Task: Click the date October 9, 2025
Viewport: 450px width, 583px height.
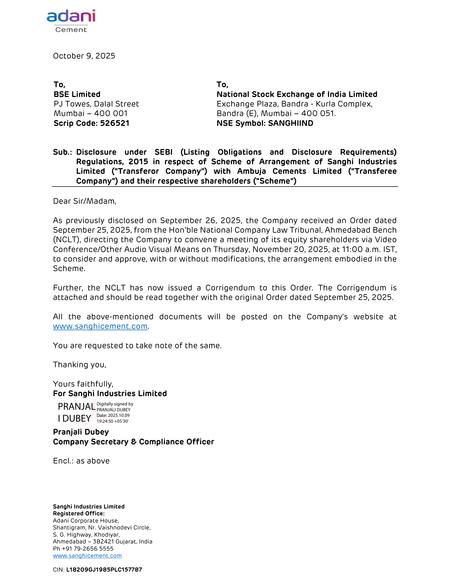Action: (84, 56)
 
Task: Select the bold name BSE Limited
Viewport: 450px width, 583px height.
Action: (77, 94)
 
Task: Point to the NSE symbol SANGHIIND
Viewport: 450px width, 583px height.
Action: (291, 123)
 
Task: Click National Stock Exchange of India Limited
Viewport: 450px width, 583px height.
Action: (297, 94)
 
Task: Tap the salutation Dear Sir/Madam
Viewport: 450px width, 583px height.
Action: (84, 201)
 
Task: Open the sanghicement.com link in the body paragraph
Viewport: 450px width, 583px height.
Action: (100, 326)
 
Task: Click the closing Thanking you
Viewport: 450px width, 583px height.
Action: (79, 365)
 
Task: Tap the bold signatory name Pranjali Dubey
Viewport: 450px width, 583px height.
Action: (81, 432)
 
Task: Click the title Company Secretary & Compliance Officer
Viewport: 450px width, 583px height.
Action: (133, 442)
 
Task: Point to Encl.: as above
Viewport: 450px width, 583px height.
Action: (81, 461)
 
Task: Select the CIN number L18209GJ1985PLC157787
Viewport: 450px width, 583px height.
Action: (104, 570)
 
